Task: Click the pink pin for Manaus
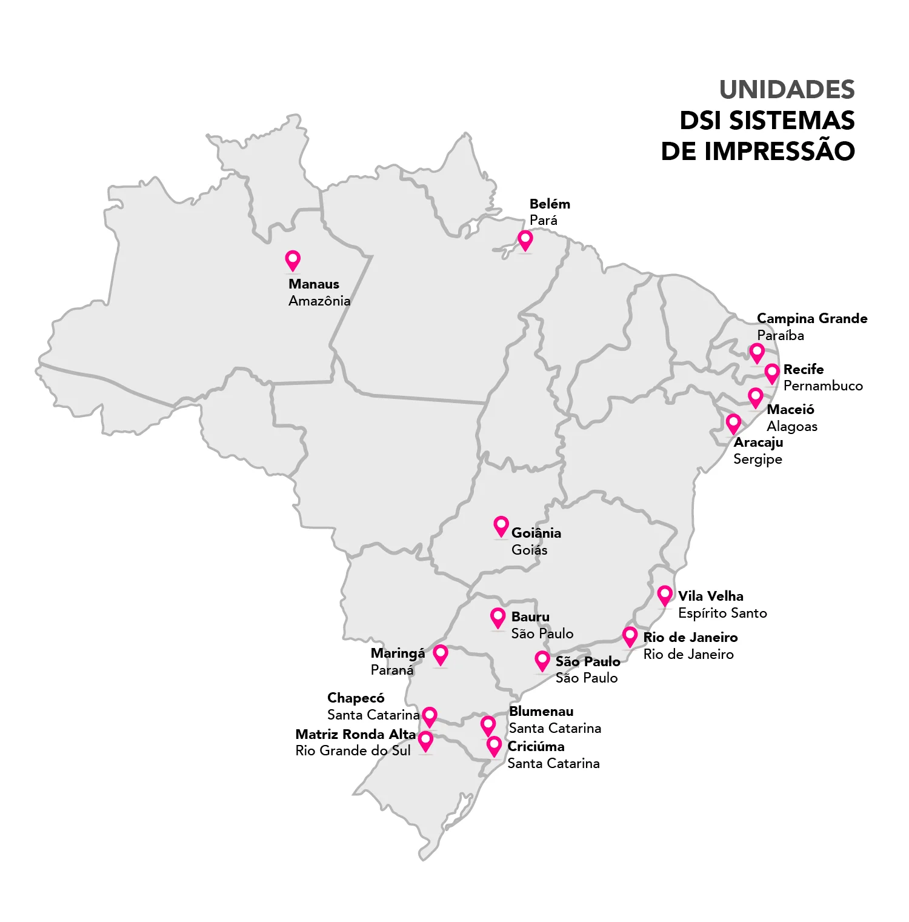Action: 293,260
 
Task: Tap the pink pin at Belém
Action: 525,240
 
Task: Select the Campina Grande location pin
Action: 756,352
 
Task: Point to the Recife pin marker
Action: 771,373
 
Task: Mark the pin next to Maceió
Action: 755,398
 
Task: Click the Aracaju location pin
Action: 733,423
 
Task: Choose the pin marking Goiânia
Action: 501,526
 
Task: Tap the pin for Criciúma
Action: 494,746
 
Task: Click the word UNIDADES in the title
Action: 787,90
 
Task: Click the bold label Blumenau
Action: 541,711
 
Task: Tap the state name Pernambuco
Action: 822,386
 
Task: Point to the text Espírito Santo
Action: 722,613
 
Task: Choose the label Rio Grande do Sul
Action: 353,750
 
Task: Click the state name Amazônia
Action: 319,301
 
